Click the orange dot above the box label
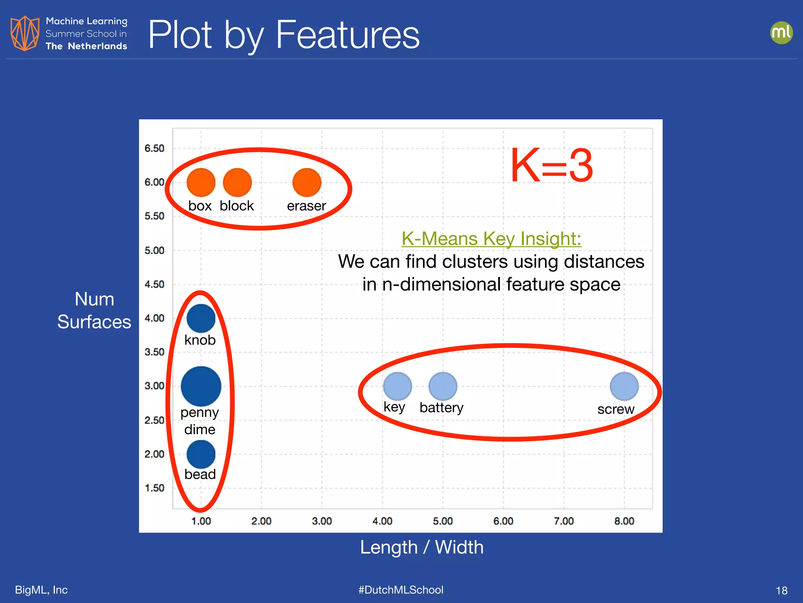(201, 183)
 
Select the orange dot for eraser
(307, 183)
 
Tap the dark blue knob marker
(201, 318)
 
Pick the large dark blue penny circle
(201, 386)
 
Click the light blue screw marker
(624, 386)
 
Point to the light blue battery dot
(443, 386)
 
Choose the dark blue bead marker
(201, 454)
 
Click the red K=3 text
(551, 166)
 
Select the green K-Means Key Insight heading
(491, 238)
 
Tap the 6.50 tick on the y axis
(154, 148)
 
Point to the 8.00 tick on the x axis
(624, 521)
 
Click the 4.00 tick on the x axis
(382, 521)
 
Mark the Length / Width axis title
(422, 547)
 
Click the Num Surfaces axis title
(94, 310)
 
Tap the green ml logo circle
(781, 33)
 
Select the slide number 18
(781, 590)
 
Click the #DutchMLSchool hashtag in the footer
(401, 590)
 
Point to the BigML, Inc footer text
(41, 590)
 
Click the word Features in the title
(347, 35)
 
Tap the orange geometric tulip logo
(25, 33)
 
